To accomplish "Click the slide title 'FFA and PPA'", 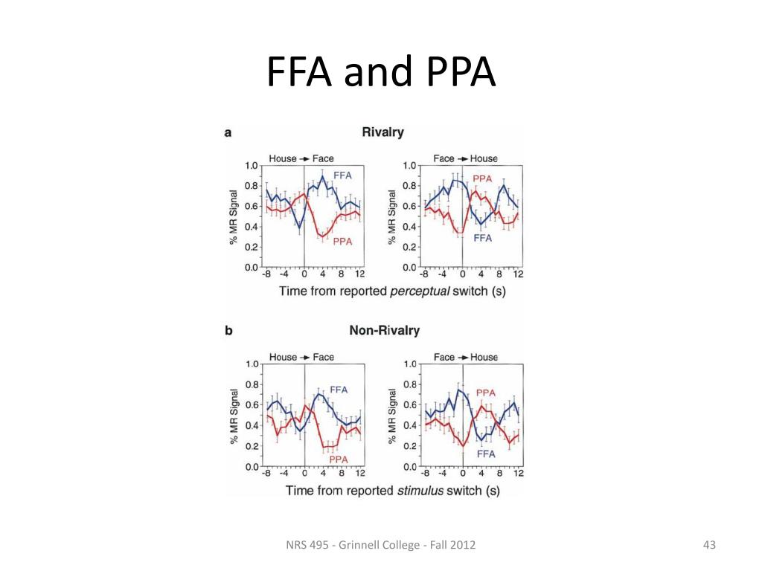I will tap(380, 73).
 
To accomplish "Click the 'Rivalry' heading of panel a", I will tap(382, 132).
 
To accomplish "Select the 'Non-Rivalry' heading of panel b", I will tap(384, 330).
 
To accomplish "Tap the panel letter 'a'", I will tap(228, 133).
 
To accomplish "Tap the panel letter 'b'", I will tap(228, 331).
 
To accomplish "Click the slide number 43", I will tap(708, 546).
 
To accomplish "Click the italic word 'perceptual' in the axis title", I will tap(420, 291).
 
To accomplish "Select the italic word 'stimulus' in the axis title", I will tap(421, 490).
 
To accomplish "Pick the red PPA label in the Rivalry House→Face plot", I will tap(342, 242).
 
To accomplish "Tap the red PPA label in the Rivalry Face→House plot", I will tap(483, 178).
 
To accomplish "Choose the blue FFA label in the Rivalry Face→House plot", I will tap(483, 238).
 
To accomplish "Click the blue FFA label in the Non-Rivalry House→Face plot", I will tap(338, 389).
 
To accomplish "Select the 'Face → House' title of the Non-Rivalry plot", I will tap(466, 357).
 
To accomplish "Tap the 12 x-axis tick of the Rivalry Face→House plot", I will tap(518, 274).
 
